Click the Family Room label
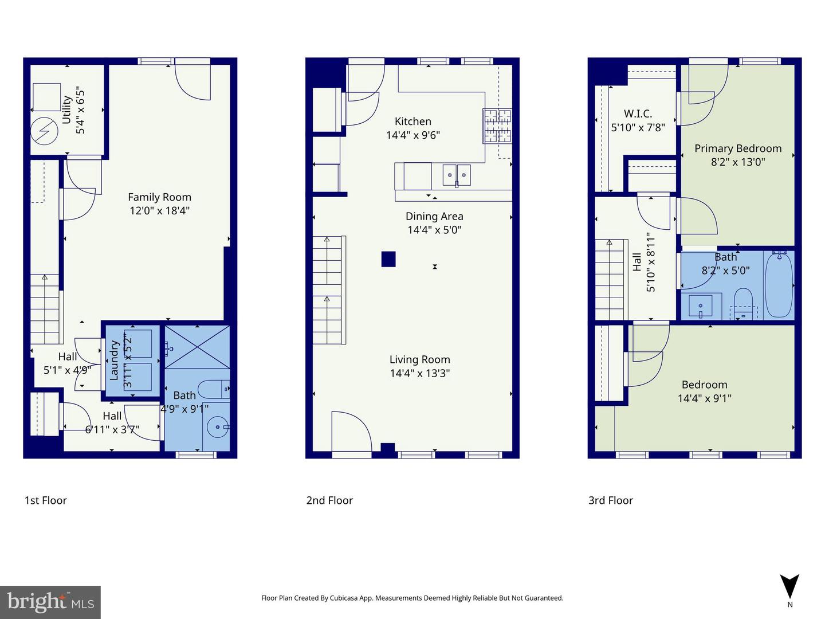click(x=159, y=197)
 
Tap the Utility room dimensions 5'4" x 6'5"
click(x=81, y=111)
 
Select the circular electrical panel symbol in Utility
click(x=44, y=131)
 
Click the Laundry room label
click(x=114, y=360)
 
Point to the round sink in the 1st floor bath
click(x=218, y=427)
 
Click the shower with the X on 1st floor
click(x=197, y=347)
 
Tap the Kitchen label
click(x=412, y=122)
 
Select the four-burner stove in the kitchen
click(x=497, y=126)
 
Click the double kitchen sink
click(x=457, y=175)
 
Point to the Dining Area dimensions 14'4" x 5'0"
click(x=434, y=230)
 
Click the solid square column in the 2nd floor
click(x=388, y=259)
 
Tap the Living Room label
click(x=419, y=359)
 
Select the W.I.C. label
click(x=638, y=113)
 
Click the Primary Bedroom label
click(x=738, y=148)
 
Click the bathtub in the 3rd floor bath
click(x=779, y=284)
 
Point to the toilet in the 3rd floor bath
click(x=743, y=301)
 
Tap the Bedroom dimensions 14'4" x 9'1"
click(x=704, y=398)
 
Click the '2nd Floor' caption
click(x=329, y=500)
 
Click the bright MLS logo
click(x=50, y=602)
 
